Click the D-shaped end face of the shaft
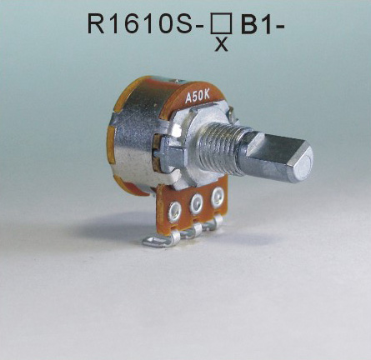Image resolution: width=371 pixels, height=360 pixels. click(x=297, y=161)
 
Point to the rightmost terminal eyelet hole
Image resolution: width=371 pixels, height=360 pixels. click(x=218, y=197)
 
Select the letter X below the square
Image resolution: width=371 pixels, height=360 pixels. click(x=222, y=44)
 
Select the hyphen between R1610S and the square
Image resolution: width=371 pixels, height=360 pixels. click(x=201, y=25)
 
